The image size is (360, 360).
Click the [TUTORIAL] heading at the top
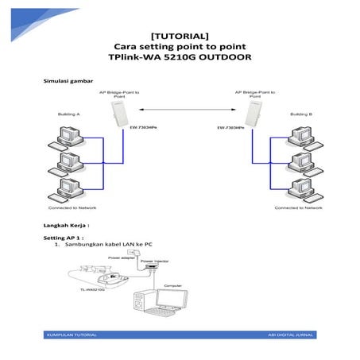180,36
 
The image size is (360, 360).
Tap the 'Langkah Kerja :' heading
66,226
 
